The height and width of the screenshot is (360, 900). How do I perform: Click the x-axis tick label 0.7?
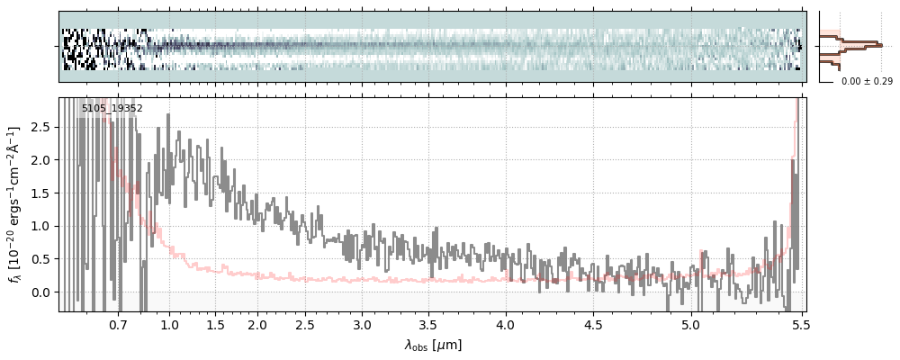tap(118, 324)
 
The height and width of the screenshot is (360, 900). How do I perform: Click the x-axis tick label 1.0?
tap(169, 324)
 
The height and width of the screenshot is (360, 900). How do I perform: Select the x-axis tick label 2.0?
tap(257, 324)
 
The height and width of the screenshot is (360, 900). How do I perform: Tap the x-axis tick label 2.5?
tap(305, 324)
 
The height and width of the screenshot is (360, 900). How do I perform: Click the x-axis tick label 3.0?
tap(362, 324)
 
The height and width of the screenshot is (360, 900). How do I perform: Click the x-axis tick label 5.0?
tap(689, 324)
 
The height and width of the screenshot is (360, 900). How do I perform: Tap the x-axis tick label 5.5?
tap(797, 324)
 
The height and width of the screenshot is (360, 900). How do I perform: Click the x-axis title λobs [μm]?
tap(433, 344)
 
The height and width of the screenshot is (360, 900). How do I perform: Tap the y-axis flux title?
tap(15, 205)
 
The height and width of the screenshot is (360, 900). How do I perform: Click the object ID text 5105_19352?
tap(112, 109)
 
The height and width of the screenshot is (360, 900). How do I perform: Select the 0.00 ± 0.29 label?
tap(867, 82)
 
